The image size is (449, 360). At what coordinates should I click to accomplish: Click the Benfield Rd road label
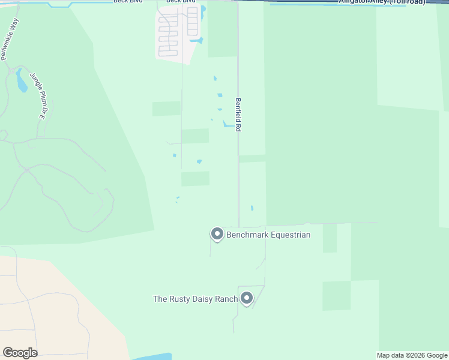click(238, 115)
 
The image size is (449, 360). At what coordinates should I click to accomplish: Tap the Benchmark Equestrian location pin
click(217, 234)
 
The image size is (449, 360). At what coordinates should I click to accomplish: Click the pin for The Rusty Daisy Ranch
click(246, 298)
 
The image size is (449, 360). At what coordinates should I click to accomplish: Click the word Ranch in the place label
click(226, 298)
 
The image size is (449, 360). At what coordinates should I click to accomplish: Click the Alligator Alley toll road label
click(382, 2)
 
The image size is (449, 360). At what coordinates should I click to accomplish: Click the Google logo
click(20, 353)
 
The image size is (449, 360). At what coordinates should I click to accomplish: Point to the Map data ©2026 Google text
click(412, 355)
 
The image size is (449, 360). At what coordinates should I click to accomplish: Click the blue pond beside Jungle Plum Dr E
click(22, 81)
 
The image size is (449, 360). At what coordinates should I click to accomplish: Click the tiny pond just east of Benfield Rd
click(252, 208)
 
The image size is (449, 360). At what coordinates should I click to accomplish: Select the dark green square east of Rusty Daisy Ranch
click(336, 295)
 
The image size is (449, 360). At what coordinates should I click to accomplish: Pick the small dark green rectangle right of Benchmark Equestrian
click(330, 238)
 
